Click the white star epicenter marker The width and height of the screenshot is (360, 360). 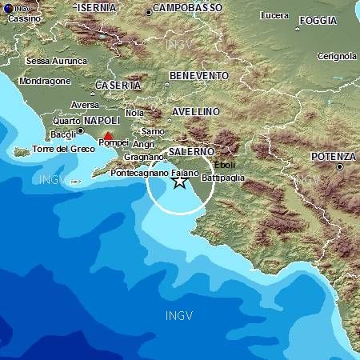[180, 182]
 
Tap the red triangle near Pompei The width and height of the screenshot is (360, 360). [108, 136]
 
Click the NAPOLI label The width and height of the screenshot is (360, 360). [102, 118]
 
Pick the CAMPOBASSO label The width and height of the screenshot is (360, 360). [189, 8]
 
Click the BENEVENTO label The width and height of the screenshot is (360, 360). [199, 76]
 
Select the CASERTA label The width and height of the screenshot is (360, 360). [118, 85]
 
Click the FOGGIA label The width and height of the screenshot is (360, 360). [318, 21]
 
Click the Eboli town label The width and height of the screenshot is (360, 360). [225, 165]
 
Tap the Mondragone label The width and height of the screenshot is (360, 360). [46, 81]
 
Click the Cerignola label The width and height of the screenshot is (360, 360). [337, 56]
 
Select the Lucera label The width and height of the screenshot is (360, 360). [274, 15]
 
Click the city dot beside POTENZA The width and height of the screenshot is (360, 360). [340, 167]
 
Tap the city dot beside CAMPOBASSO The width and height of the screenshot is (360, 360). [149, 12]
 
